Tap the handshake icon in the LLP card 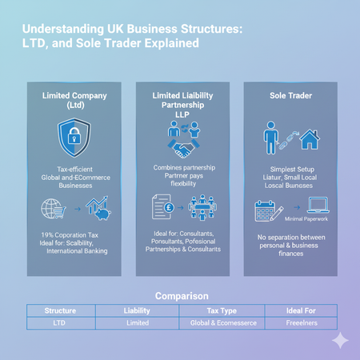(x=183, y=148)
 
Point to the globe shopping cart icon (x=54, y=210)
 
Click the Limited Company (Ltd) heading (x=74, y=101)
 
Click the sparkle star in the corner (x=340, y=340)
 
